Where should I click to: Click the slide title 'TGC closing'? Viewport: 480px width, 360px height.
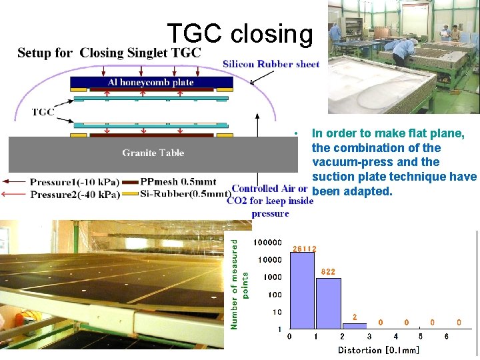239,33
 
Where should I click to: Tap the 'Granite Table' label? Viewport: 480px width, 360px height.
153,153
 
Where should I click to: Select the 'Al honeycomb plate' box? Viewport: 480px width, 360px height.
151,83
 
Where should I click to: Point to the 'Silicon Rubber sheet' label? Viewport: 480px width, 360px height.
271,65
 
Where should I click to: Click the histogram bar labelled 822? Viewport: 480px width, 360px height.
329,303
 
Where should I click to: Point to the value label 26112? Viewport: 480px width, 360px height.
305,249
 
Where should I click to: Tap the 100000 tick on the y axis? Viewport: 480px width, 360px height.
267,242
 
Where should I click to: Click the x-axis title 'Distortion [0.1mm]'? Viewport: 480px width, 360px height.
379,350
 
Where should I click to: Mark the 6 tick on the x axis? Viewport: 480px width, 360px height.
446,337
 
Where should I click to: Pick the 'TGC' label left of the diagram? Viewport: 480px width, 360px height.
43,112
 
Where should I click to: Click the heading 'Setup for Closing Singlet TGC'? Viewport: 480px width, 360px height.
109,53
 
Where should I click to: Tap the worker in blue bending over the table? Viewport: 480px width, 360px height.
403,50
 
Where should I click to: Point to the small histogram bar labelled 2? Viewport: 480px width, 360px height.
355,326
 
